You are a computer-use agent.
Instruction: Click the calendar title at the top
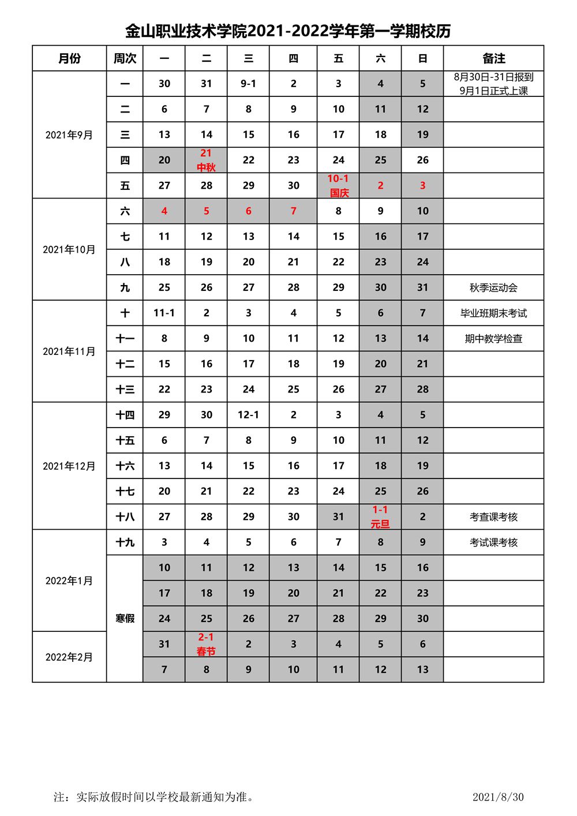tap(288, 31)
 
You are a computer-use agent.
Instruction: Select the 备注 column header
tap(493, 58)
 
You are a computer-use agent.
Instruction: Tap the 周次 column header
tap(125, 58)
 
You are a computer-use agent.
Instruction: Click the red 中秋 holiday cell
tap(206, 160)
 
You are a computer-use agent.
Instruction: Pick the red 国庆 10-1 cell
tap(338, 185)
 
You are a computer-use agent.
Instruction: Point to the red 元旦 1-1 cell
tap(380, 516)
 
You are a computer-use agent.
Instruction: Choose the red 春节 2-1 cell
tap(206, 644)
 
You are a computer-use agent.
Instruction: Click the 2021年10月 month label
tap(69, 249)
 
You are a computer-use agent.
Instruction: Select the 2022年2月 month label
tap(69, 657)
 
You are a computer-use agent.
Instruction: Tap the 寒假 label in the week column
tap(125, 618)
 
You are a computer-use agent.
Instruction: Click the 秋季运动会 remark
tap(493, 287)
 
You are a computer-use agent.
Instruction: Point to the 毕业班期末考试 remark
tap(493, 313)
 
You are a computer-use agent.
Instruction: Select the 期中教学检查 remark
tap(493, 338)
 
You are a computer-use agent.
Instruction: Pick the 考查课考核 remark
tap(493, 516)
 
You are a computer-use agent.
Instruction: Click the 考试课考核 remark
tap(493, 542)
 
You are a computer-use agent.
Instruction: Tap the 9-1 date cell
tap(248, 84)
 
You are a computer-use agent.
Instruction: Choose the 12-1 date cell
tap(248, 414)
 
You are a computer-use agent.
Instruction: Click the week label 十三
tap(125, 389)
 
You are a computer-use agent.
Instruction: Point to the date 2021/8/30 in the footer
tap(498, 797)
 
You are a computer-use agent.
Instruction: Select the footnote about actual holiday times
tap(155, 797)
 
